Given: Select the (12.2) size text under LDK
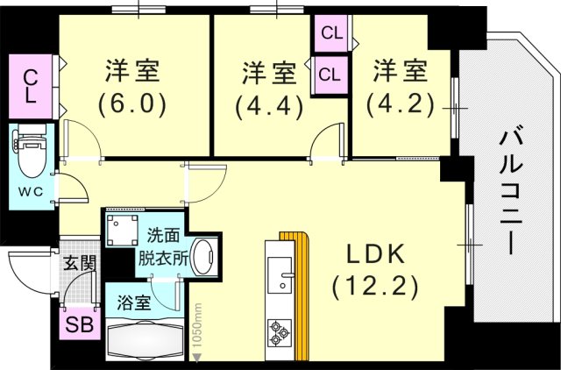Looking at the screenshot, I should click(374, 285).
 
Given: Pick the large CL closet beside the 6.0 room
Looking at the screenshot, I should click(30, 84).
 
